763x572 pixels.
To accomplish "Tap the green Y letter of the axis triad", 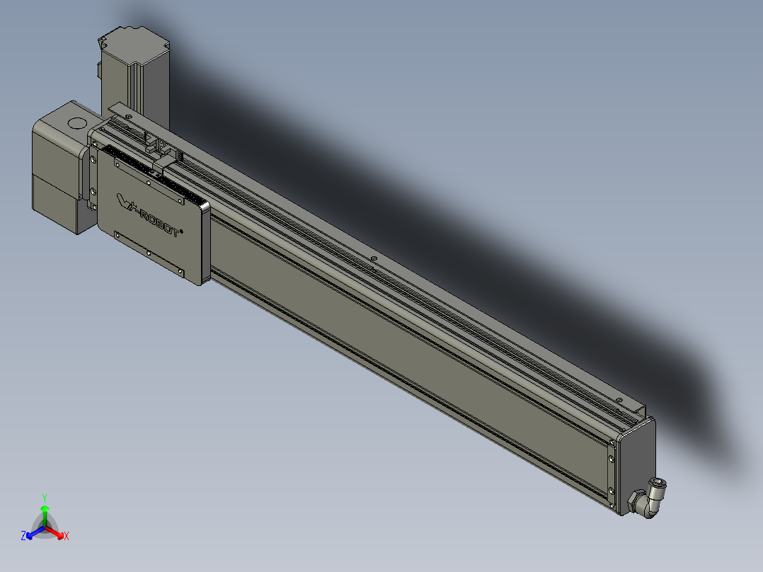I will [x=45, y=498].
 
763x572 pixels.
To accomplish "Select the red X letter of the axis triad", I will [x=66, y=537].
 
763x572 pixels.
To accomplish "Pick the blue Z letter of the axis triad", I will [x=23, y=537].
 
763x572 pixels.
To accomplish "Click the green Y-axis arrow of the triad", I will [x=45, y=511].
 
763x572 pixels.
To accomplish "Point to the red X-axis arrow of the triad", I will [x=56, y=532].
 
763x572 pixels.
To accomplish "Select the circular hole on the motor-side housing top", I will [x=74, y=122].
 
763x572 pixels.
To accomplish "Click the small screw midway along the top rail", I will [x=373, y=259].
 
